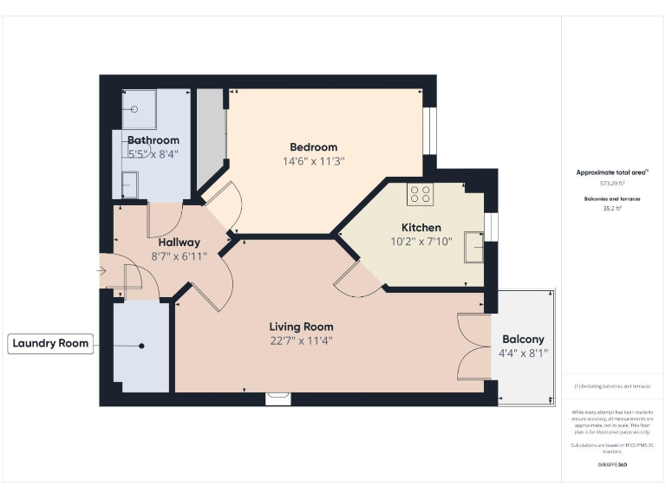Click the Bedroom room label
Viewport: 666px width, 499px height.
(x=313, y=147)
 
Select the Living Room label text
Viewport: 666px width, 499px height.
(x=301, y=327)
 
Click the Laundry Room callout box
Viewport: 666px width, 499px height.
(x=51, y=343)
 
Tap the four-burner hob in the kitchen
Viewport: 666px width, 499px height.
(x=421, y=195)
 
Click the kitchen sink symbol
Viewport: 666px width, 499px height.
(x=473, y=247)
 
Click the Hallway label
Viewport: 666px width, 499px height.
(x=180, y=243)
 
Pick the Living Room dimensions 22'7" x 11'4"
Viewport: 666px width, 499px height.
(x=301, y=340)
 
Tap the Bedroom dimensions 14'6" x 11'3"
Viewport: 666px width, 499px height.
(x=313, y=161)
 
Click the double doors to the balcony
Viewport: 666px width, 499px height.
(x=474, y=347)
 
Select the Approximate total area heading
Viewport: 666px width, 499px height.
(x=612, y=172)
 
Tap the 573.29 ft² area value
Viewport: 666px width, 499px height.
(x=612, y=184)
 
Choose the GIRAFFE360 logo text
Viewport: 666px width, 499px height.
(x=612, y=465)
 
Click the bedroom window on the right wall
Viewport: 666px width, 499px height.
(x=429, y=131)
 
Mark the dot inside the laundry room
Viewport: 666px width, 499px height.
(x=140, y=345)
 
